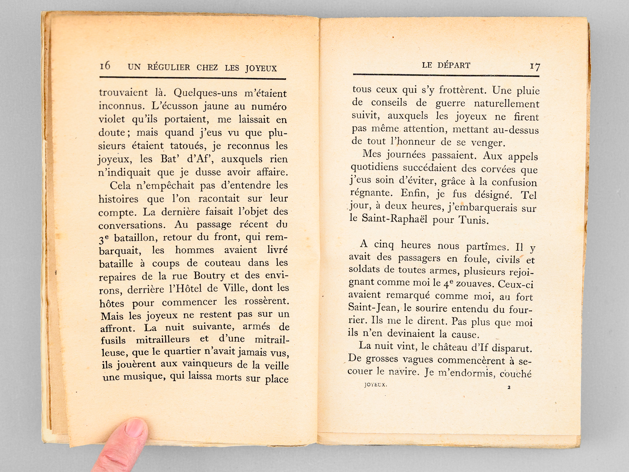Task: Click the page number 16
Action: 105,66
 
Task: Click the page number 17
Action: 535,66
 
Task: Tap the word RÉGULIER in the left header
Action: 169,67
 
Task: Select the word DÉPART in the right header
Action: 454,65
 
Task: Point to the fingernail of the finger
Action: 134,428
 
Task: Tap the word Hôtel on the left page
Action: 188,289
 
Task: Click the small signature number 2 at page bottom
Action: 509,387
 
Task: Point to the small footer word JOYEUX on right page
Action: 375,385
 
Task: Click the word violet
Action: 112,119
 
